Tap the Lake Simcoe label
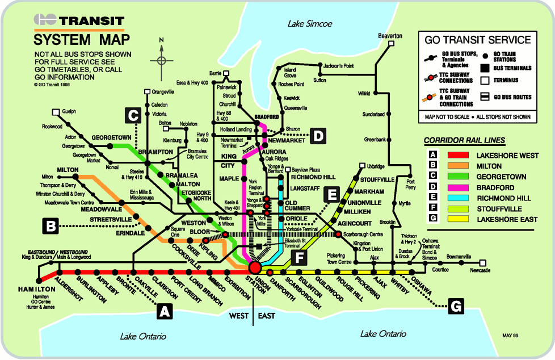tap(309, 24)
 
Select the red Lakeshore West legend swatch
tap(458, 155)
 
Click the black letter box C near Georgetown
tap(133, 116)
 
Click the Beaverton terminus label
tap(390, 36)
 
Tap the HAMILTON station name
tap(36, 289)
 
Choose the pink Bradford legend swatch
tap(458, 187)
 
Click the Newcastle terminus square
tap(482, 263)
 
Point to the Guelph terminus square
tap(56, 112)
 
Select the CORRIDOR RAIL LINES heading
tap(464, 140)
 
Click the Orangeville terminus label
tap(163, 91)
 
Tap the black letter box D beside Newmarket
tap(319, 135)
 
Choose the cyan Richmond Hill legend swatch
tap(458, 198)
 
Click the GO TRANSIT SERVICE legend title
tap(478, 40)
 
